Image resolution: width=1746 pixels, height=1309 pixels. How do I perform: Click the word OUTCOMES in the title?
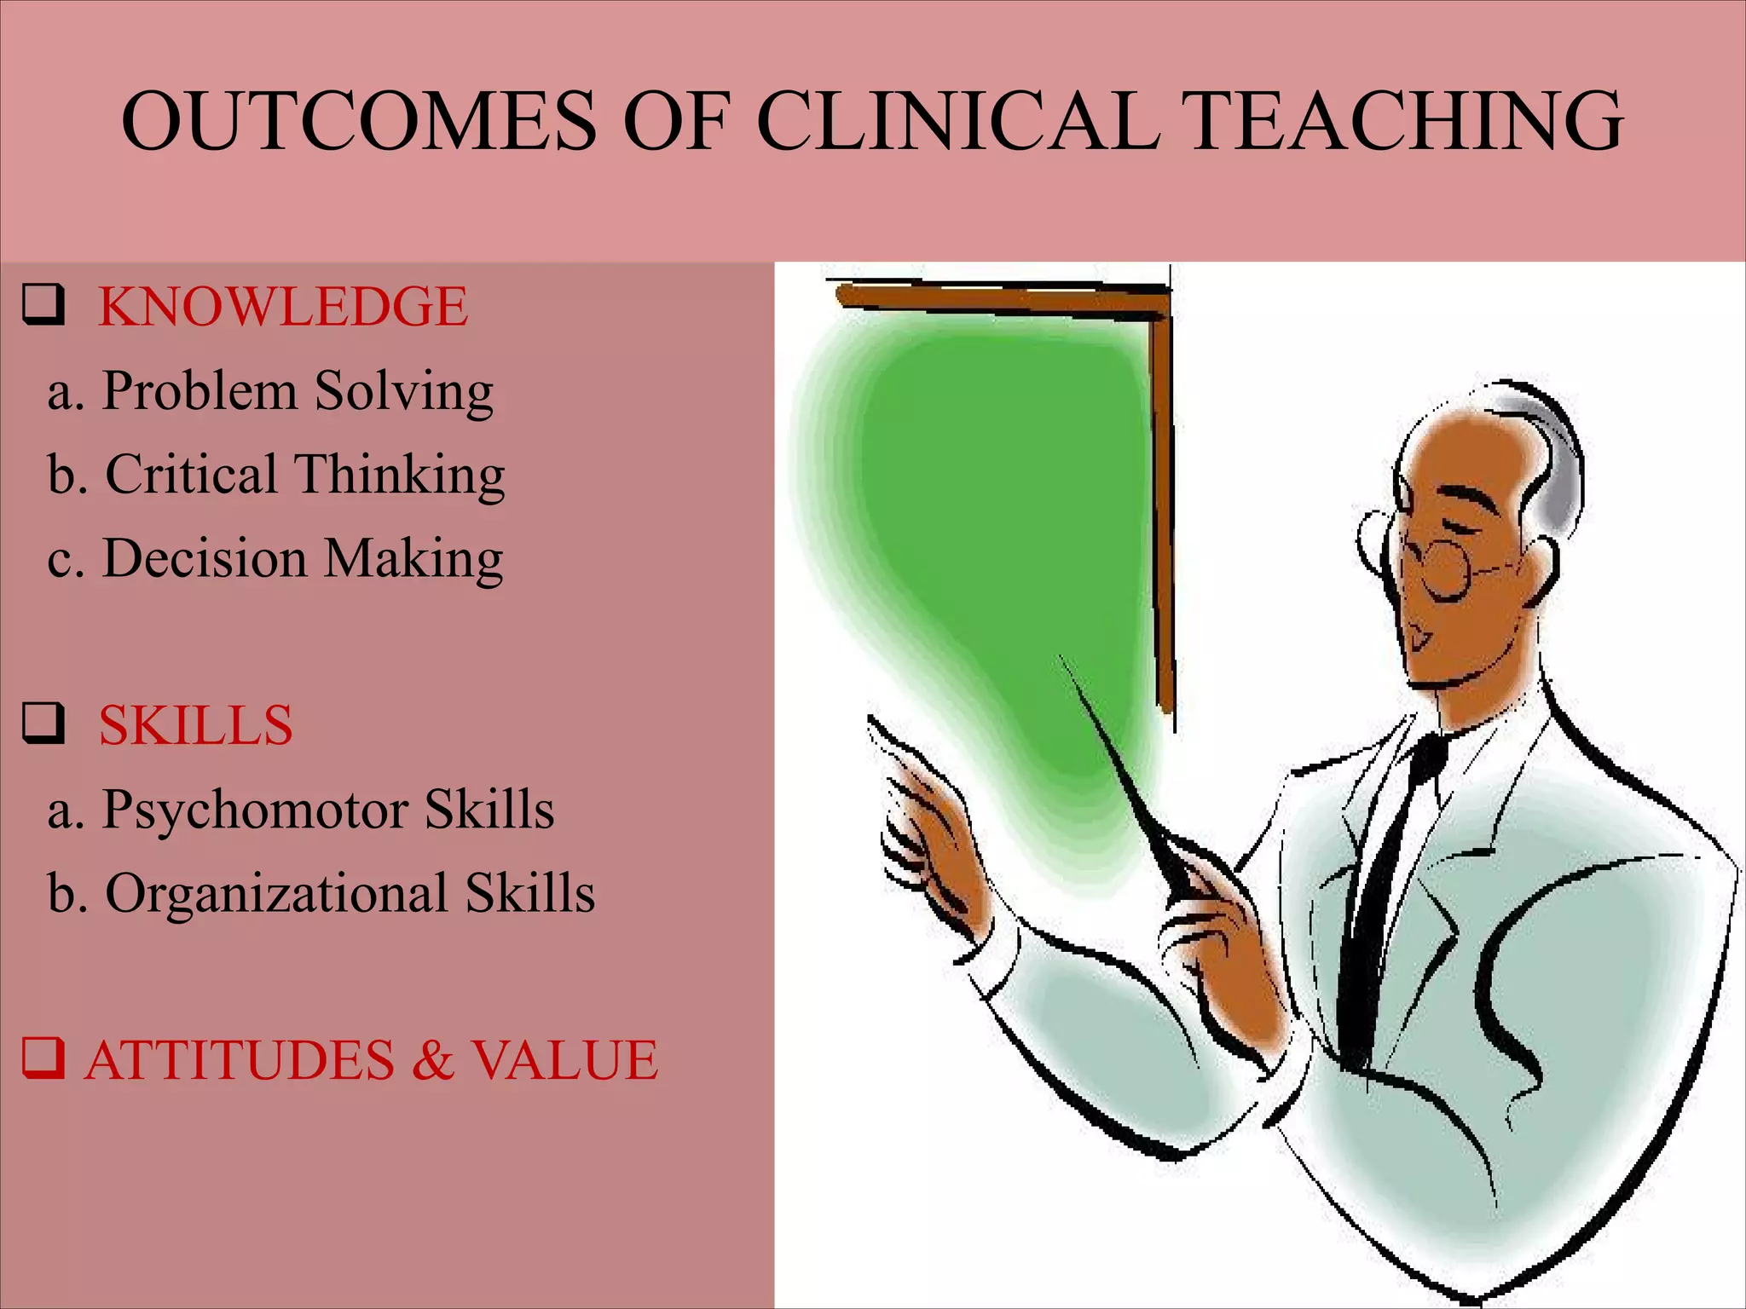[x=358, y=121]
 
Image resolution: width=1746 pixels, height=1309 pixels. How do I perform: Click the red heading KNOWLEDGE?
[x=283, y=307]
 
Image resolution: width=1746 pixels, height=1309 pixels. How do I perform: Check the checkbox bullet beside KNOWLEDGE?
[x=43, y=305]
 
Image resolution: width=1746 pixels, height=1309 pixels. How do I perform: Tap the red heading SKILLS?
[x=195, y=726]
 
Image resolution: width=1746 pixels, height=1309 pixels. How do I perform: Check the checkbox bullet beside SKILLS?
[x=43, y=724]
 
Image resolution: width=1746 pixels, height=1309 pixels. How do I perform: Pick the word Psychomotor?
[x=255, y=810]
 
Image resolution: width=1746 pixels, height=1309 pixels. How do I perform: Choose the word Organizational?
[x=276, y=894]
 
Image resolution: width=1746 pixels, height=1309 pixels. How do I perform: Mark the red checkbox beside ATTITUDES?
[x=43, y=1058]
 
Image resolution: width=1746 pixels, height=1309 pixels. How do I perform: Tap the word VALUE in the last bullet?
[x=564, y=1061]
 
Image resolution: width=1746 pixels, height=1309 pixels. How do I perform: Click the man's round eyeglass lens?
[x=1447, y=568]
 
